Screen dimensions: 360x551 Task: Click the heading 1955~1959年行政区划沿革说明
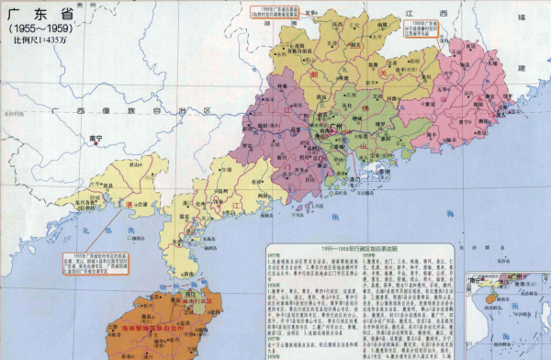350,248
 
